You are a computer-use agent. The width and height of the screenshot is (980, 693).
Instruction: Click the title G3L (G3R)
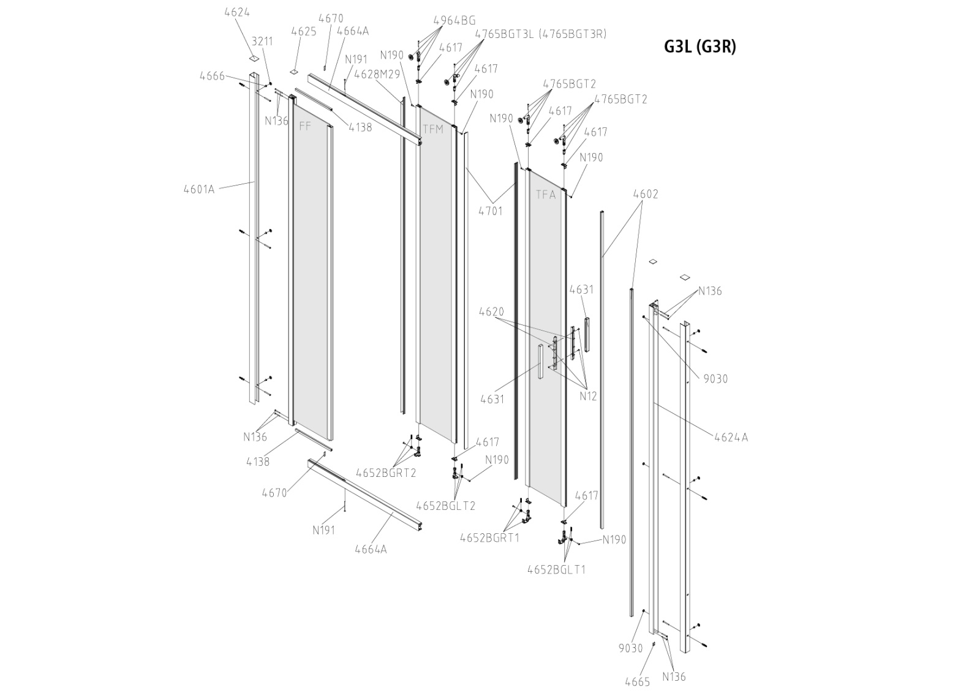point(700,47)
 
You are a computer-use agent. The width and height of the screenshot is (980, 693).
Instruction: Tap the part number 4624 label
point(237,12)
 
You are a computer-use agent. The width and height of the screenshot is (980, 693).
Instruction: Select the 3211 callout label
point(262,41)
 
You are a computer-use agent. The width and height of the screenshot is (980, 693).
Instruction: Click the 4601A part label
point(199,189)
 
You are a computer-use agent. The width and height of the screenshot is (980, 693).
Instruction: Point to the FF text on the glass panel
point(305,127)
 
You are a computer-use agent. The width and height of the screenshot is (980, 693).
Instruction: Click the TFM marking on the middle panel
point(433,130)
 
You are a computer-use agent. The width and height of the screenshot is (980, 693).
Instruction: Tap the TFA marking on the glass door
point(546,195)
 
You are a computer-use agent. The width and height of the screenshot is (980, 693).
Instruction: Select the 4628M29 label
point(377,74)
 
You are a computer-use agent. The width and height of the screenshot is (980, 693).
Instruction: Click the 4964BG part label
point(454,20)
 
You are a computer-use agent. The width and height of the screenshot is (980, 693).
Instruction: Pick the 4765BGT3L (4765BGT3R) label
point(541,34)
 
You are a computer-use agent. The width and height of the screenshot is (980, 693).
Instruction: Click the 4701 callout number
point(490,211)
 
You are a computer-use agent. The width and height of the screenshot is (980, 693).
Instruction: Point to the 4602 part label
point(646,194)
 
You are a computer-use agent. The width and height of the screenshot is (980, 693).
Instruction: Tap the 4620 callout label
point(491,312)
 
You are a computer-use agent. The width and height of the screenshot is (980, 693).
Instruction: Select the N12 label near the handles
point(588,396)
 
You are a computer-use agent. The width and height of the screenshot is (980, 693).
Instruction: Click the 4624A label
point(731,437)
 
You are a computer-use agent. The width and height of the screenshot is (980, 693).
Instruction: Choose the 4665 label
point(637,682)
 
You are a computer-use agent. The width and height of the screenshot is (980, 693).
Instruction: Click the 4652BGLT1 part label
point(556,569)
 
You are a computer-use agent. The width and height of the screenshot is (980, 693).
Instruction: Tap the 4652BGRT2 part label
point(386,473)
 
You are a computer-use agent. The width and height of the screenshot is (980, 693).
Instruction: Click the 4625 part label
point(304,31)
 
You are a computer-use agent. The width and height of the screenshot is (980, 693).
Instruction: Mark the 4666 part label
point(212,76)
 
